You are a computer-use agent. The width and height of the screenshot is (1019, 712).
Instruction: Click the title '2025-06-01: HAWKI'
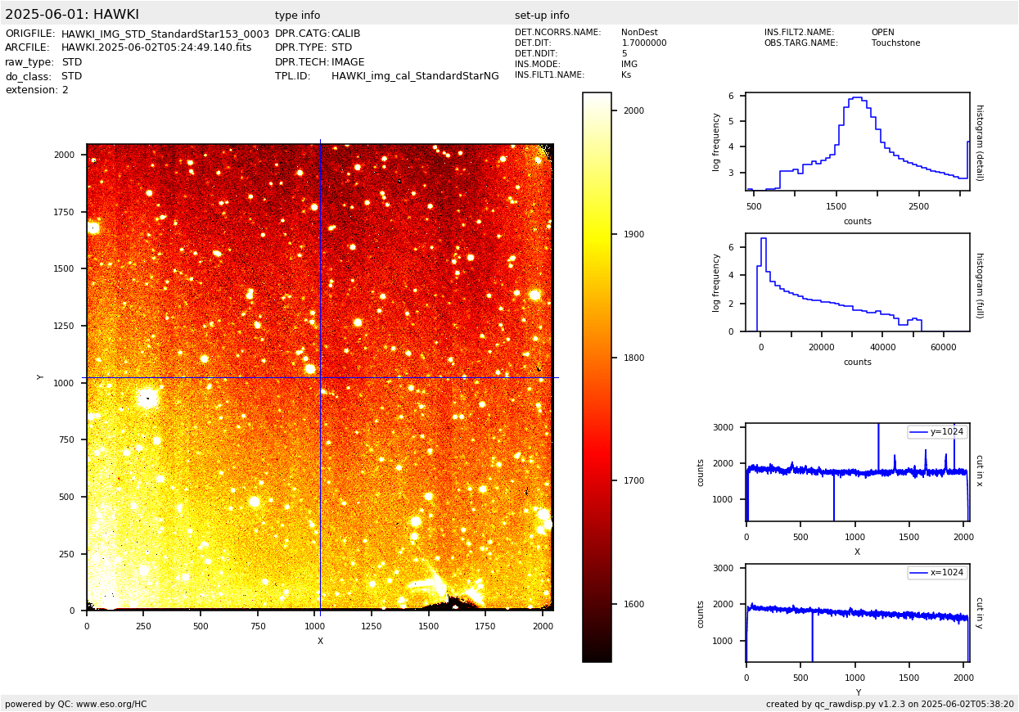[72, 15]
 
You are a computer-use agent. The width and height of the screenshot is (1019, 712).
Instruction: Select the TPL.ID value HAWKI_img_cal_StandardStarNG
[415, 76]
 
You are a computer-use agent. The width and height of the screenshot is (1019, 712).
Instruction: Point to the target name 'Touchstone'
[895, 43]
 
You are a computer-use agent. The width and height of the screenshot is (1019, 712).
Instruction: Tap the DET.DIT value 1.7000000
[643, 43]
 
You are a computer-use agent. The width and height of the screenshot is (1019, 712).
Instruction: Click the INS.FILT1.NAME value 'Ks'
[626, 75]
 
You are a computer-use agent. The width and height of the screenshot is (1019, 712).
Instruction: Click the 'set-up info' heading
[542, 16]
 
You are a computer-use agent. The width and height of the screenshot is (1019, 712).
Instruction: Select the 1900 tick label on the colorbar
[633, 235]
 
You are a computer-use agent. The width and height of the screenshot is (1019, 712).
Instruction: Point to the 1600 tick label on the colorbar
[633, 605]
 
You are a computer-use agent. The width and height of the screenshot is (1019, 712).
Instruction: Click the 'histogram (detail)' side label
[979, 142]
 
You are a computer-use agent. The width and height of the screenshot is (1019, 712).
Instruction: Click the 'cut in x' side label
[979, 471]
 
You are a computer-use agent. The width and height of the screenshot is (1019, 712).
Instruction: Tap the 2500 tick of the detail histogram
[918, 207]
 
